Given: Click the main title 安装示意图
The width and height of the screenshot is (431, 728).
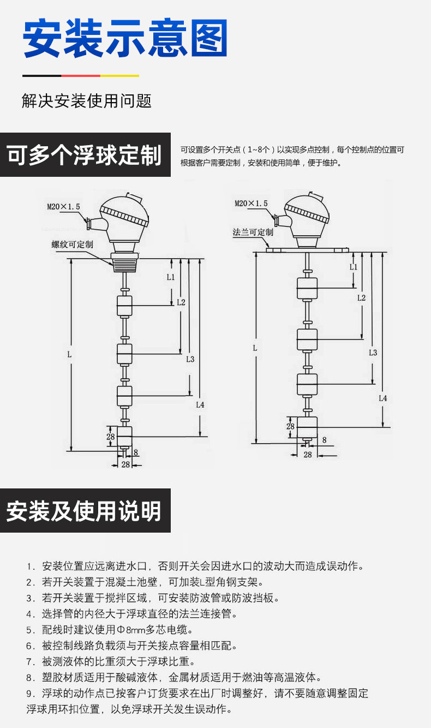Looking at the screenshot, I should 125,39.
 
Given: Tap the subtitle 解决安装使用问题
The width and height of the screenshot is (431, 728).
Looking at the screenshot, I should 86,101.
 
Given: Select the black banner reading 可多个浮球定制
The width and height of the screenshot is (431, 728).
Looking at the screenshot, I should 85,155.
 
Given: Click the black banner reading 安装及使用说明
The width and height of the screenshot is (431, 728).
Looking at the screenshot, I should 85,511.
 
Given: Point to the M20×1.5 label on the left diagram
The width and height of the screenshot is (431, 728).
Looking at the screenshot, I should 63,207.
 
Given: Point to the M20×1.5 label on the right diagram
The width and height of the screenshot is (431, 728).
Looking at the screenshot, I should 251,204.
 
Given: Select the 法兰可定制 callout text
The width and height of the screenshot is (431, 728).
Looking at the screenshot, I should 253,232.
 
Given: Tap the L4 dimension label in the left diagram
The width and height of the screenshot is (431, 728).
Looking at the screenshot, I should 200,405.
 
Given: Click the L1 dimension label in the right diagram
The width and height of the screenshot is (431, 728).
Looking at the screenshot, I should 353,267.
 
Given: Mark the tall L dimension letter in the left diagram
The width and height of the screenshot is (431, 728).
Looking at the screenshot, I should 69,354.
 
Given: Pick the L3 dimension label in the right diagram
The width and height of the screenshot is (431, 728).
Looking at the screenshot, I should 373,353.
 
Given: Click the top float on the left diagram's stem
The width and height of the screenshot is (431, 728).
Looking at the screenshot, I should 125,306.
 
